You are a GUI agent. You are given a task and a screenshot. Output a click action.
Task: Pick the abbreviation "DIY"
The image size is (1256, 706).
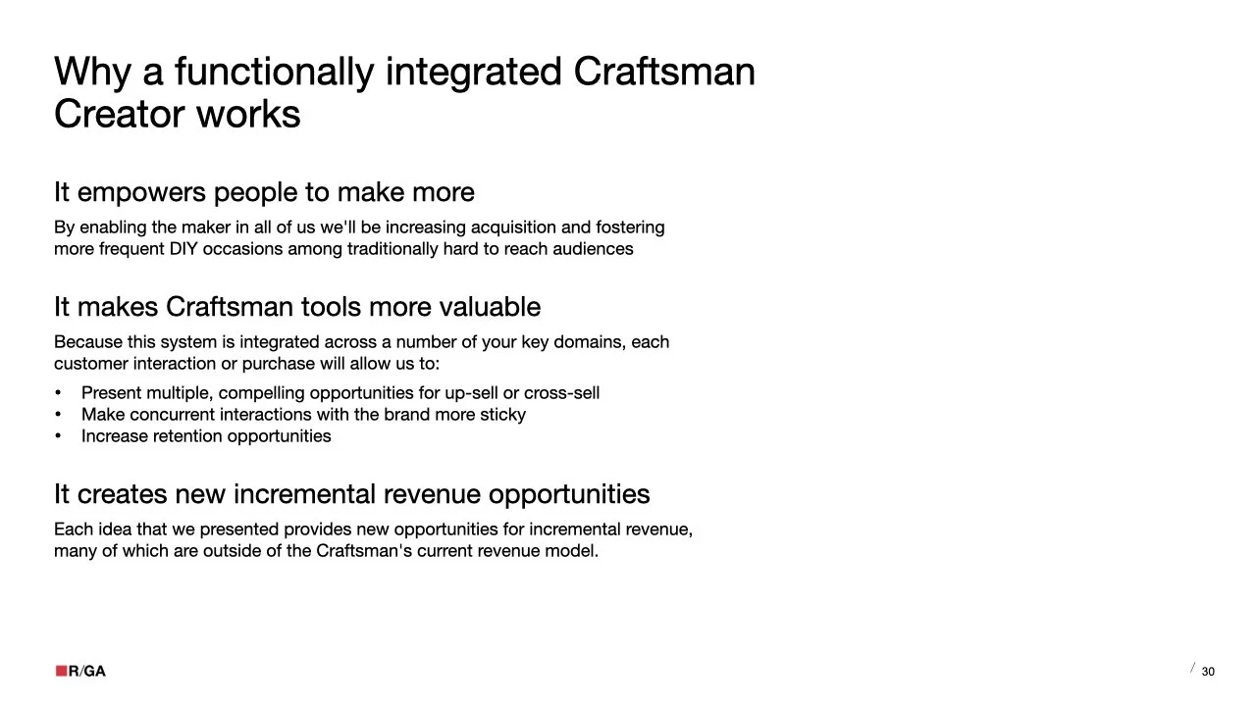point(183,249)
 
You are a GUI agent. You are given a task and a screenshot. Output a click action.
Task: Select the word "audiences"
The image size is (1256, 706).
point(594,249)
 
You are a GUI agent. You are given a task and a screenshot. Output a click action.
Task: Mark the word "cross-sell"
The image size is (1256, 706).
point(561,393)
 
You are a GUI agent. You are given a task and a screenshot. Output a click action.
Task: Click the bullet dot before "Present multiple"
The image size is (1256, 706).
point(58,393)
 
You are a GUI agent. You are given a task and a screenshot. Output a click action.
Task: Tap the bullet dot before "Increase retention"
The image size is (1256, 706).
point(58,436)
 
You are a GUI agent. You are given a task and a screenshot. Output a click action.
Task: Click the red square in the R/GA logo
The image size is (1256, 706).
point(61,671)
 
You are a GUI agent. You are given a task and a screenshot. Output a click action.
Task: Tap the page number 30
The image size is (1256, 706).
point(1208,672)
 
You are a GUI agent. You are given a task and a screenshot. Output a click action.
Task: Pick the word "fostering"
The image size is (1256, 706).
point(630,227)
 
